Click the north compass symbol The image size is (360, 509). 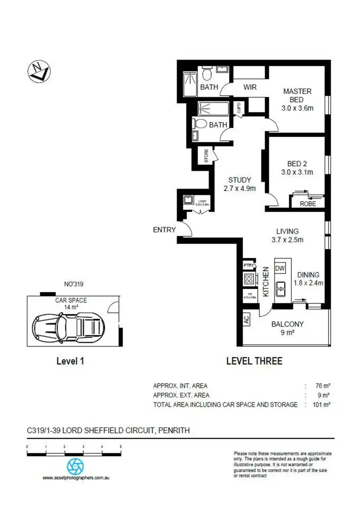point(38,72)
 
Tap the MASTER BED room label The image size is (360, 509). point(297,95)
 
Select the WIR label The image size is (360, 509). point(250,87)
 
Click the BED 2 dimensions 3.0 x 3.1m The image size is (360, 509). point(297,172)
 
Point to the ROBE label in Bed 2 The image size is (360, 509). point(308,204)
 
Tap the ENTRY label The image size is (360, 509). point(164,230)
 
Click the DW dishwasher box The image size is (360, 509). point(279,267)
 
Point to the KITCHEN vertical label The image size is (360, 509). point(265,283)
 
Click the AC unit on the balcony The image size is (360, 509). point(247,320)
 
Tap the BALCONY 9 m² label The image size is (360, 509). point(288,328)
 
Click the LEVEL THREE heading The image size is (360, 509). point(254,361)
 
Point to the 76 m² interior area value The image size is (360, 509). point(324,386)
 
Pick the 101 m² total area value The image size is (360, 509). point(322,405)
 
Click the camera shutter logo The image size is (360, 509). point(75,466)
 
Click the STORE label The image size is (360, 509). point(206,156)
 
